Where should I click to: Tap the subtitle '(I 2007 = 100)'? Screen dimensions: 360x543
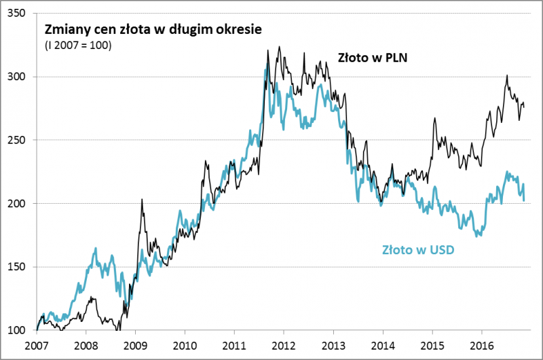point(78,46)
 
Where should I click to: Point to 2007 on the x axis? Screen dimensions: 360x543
point(37,344)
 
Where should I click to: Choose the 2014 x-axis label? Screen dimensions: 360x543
point(383,344)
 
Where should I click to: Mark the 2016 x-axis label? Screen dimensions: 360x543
point(482,344)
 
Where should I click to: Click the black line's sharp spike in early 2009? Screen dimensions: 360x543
point(141,200)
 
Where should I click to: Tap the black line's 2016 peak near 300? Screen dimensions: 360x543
point(507,76)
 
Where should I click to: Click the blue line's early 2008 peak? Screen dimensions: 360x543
point(96,249)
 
